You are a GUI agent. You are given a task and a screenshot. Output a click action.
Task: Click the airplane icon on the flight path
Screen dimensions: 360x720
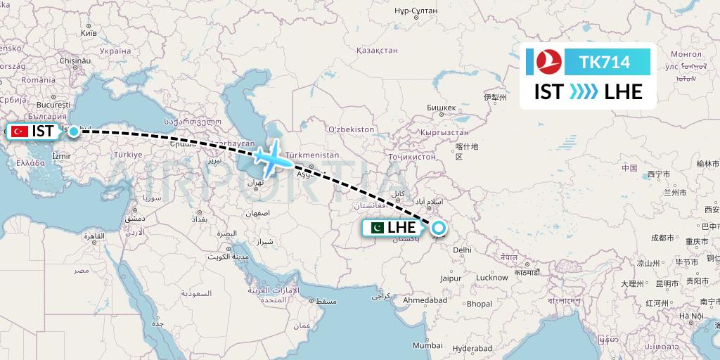[271, 158]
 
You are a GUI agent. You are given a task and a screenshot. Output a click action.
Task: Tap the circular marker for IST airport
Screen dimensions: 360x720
[73, 131]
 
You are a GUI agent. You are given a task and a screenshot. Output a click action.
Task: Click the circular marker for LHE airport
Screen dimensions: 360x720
[439, 228]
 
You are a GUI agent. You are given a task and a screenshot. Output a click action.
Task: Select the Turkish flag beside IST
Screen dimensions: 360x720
[20, 131]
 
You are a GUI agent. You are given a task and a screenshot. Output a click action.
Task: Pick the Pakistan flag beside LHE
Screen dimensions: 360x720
[376, 228]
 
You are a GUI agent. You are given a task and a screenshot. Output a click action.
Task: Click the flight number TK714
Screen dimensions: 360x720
[605, 63]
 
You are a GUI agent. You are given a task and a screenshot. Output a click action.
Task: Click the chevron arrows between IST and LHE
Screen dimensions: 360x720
[584, 91]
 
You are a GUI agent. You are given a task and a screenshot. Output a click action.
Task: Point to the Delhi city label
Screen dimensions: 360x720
[462, 249]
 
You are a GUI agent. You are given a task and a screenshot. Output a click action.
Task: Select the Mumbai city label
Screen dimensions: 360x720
[427, 345]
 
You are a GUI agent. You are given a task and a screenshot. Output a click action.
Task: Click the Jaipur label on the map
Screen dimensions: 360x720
[451, 278]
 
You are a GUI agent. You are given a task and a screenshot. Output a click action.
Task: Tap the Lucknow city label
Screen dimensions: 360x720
[491, 277]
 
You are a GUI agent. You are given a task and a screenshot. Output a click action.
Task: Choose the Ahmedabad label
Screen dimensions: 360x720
[425, 300]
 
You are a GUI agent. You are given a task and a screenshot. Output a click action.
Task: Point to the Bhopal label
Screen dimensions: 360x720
[479, 304]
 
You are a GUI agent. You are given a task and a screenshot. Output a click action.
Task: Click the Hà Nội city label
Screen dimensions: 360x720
[691, 316]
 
